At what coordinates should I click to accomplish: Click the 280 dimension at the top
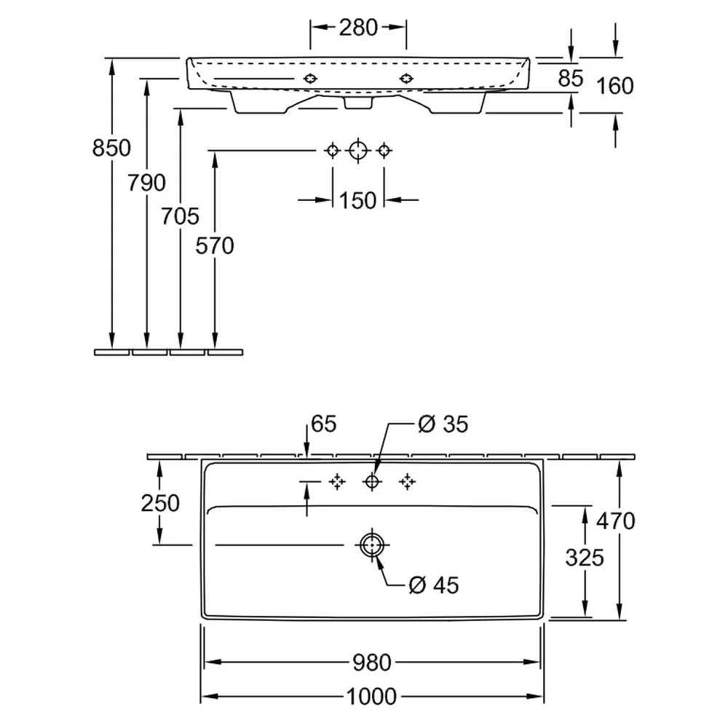pyautogui.click(x=358, y=28)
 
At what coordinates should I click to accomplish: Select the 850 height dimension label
pyautogui.click(x=111, y=148)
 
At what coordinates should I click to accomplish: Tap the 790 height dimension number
pyautogui.click(x=147, y=183)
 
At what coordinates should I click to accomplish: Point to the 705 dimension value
pyautogui.click(x=180, y=216)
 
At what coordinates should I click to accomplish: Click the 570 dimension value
pyautogui.click(x=215, y=246)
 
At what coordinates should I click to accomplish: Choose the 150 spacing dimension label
pyautogui.click(x=357, y=201)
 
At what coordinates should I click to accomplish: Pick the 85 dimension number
pyautogui.click(x=571, y=79)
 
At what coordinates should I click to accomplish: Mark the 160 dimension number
pyautogui.click(x=614, y=86)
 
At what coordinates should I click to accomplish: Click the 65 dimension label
pyautogui.click(x=324, y=424)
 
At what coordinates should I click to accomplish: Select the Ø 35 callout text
pyautogui.click(x=443, y=424)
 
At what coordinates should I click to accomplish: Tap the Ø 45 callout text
pyautogui.click(x=434, y=585)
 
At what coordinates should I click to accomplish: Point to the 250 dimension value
pyautogui.click(x=160, y=503)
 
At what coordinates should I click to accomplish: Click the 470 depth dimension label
pyautogui.click(x=616, y=521)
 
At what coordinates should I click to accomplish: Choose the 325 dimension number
pyautogui.click(x=585, y=557)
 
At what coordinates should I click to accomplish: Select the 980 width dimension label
pyautogui.click(x=372, y=662)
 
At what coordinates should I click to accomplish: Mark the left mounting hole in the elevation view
pyautogui.click(x=310, y=79)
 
